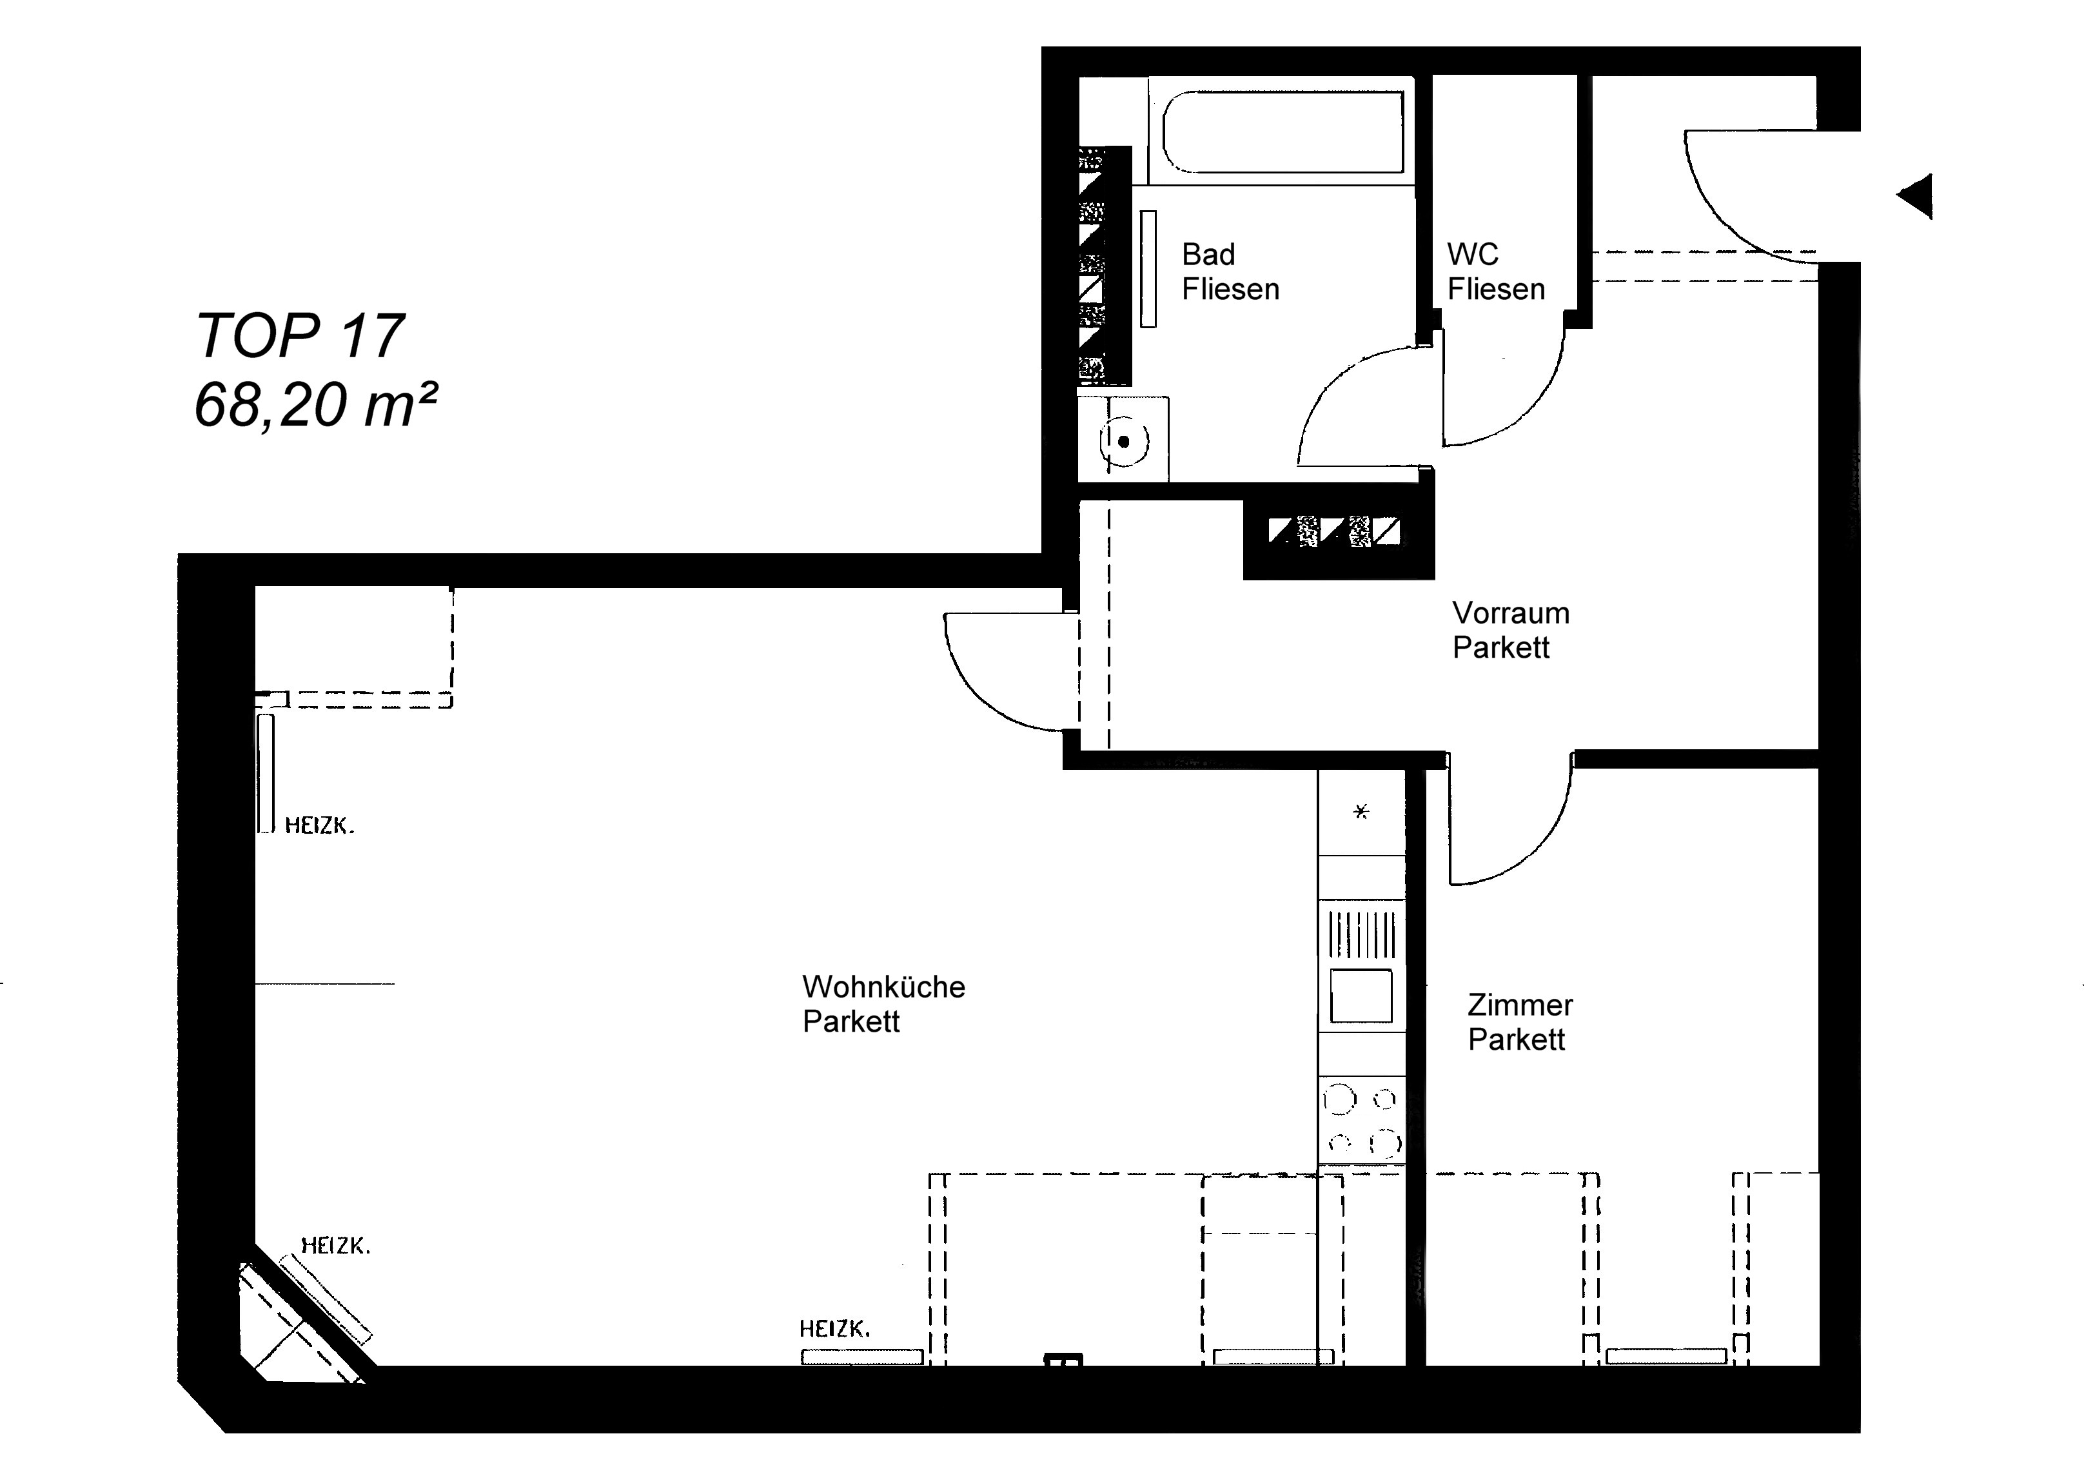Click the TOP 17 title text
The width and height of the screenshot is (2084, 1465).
[x=300, y=336]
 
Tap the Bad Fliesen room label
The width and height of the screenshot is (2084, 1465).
[x=1230, y=271]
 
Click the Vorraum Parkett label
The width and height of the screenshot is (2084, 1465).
[x=1510, y=630]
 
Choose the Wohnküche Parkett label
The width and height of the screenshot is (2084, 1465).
[x=883, y=1004]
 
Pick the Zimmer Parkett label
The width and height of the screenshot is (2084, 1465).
[x=1520, y=1022]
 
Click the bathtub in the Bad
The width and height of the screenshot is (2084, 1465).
[x=1283, y=132]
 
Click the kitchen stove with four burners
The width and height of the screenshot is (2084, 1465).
[x=1361, y=1120]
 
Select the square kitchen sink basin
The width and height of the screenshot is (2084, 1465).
[x=1361, y=995]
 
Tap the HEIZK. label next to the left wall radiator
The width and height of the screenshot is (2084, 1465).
[x=319, y=825]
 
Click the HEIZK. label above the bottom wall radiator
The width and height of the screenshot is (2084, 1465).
[x=834, y=1330]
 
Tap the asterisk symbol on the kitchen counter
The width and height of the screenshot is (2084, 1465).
[x=1361, y=812]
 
